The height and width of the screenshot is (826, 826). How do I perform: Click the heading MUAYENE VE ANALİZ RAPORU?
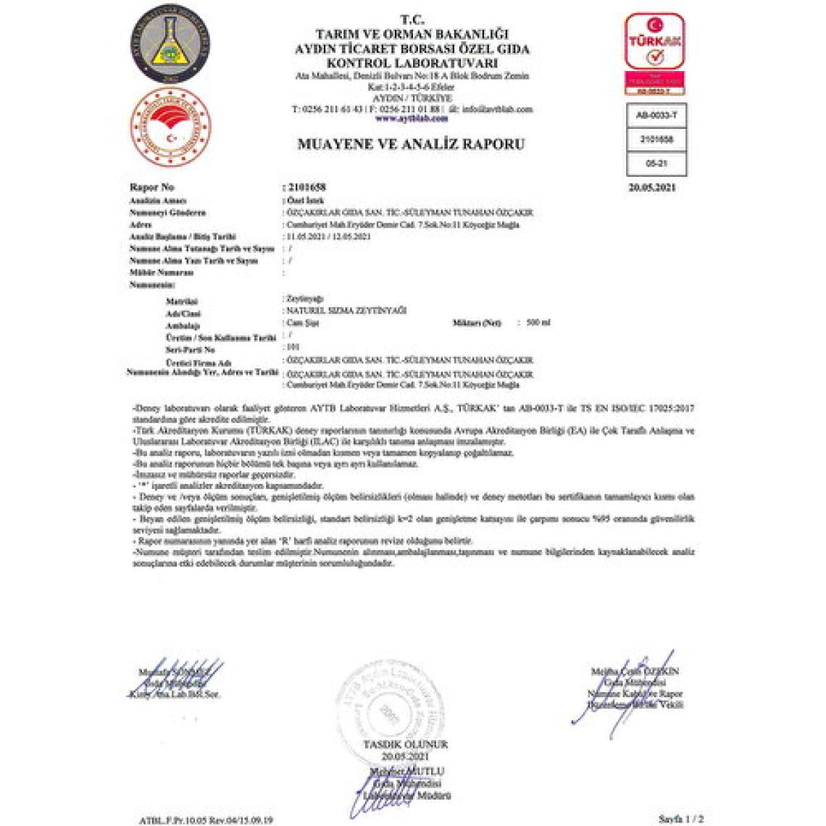click(412, 143)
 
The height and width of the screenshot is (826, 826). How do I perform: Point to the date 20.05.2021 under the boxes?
click(652, 188)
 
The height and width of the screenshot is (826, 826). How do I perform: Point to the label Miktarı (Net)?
click(476, 322)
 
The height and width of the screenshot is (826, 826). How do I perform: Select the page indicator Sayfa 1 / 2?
click(680, 819)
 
